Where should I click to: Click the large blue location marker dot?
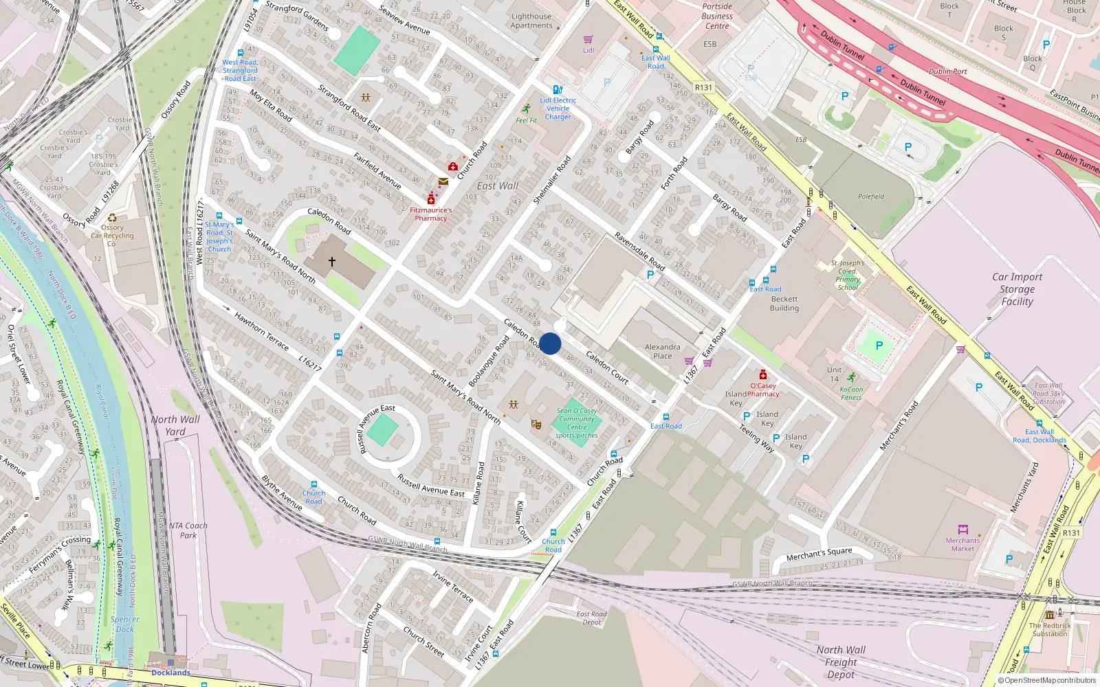(x=550, y=343)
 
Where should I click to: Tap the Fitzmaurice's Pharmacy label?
(x=431, y=214)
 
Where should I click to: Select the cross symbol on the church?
(x=332, y=262)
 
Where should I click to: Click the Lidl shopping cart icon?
(x=588, y=40)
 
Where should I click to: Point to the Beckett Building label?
(x=784, y=304)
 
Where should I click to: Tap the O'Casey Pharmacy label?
(x=763, y=390)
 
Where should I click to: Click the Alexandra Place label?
(x=663, y=351)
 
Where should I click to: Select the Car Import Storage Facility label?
(x=1017, y=289)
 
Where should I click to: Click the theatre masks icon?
(x=536, y=425)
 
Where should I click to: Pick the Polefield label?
(x=871, y=196)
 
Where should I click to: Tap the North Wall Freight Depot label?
(x=841, y=662)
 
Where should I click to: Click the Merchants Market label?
(x=962, y=544)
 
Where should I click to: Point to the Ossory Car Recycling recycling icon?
(x=112, y=218)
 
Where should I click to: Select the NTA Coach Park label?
(x=188, y=530)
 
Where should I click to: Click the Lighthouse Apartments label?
(x=531, y=21)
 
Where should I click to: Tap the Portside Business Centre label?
(x=717, y=16)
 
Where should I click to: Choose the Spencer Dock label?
(x=124, y=624)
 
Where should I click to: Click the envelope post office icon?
(x=443, y=182)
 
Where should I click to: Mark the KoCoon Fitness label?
(x=851, y=393)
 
